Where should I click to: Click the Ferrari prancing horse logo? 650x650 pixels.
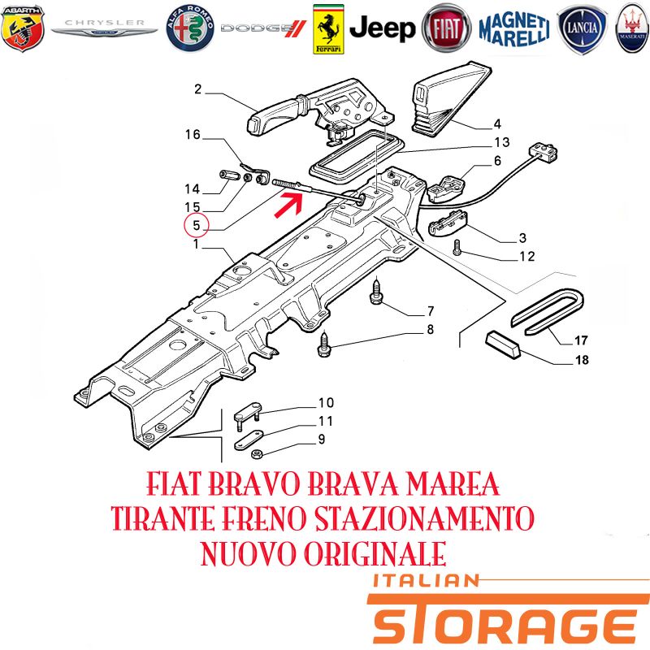[x=328, y=29]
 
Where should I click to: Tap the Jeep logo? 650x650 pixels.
[x=382, y=28]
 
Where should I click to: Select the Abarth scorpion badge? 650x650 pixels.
[x=23, y=28]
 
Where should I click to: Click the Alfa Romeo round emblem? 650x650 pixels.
[x=190, y=28]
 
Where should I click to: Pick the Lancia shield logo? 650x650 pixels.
[x=582, y=29]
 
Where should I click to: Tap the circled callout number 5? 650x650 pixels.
[x=197, y=226]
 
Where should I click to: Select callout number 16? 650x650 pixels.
[x=193, y=134]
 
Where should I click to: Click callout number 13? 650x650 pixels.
[x=502, y=142]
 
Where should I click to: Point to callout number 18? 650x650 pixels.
[x=582, y=359]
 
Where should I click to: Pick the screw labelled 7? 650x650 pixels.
[x=376, y=292]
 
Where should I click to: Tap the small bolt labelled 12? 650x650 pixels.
[x=457, y=247]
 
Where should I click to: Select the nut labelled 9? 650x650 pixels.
[x=256, y=454]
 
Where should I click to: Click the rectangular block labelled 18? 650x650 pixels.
[x=503, y=344]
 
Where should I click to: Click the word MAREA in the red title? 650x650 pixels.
[x=453, y=483]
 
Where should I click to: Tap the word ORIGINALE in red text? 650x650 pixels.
[x=375, y=553]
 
